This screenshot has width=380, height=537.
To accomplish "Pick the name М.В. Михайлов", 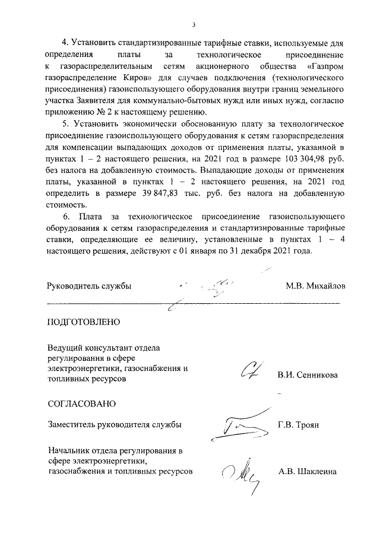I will [x=315, y=285].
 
